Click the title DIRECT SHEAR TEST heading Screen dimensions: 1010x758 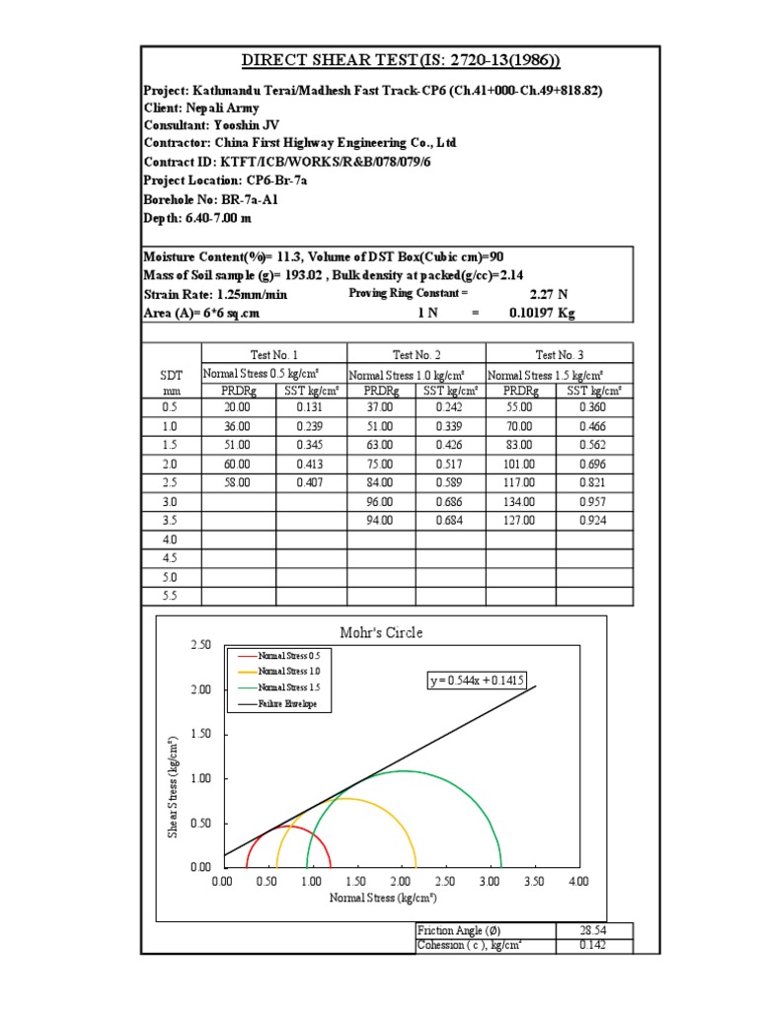click(387, 61)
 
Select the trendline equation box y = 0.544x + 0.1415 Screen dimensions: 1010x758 click(476, 680)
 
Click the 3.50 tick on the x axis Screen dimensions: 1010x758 click(534, 881)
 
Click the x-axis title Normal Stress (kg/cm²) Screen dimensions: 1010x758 click(383, 898)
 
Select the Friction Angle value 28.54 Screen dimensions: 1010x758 click(593, 930)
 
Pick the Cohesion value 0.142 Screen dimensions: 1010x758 click(593, 945)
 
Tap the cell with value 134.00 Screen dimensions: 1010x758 click(521, 500)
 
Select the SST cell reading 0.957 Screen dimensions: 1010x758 click(592, 500)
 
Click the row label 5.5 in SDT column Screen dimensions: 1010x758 click(170, 596)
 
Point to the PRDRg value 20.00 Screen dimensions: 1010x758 click(237, 406)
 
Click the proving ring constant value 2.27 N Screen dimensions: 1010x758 click(539, 293)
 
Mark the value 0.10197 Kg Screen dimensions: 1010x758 click(542, 313)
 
